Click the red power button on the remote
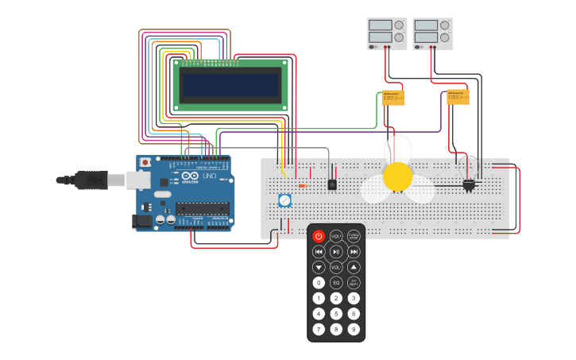tap(319, 236)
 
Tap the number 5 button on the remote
tap(336, 314)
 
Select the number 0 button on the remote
tap(319, 282)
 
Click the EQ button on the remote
tap(336, 282)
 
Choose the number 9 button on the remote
tap(354, 329)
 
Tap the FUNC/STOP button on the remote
tap(354, 236)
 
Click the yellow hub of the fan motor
tap(397, 176)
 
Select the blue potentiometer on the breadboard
tap(284, 200)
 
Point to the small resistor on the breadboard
tap(303, 186)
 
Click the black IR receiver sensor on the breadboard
tap(332, 184)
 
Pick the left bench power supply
tap(387, 33)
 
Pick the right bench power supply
tap(432, 33)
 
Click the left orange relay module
tap(393, 98)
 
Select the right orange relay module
tap(458, 97)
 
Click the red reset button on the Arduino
tap(145, 162)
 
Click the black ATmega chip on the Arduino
tap(203, 209)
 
